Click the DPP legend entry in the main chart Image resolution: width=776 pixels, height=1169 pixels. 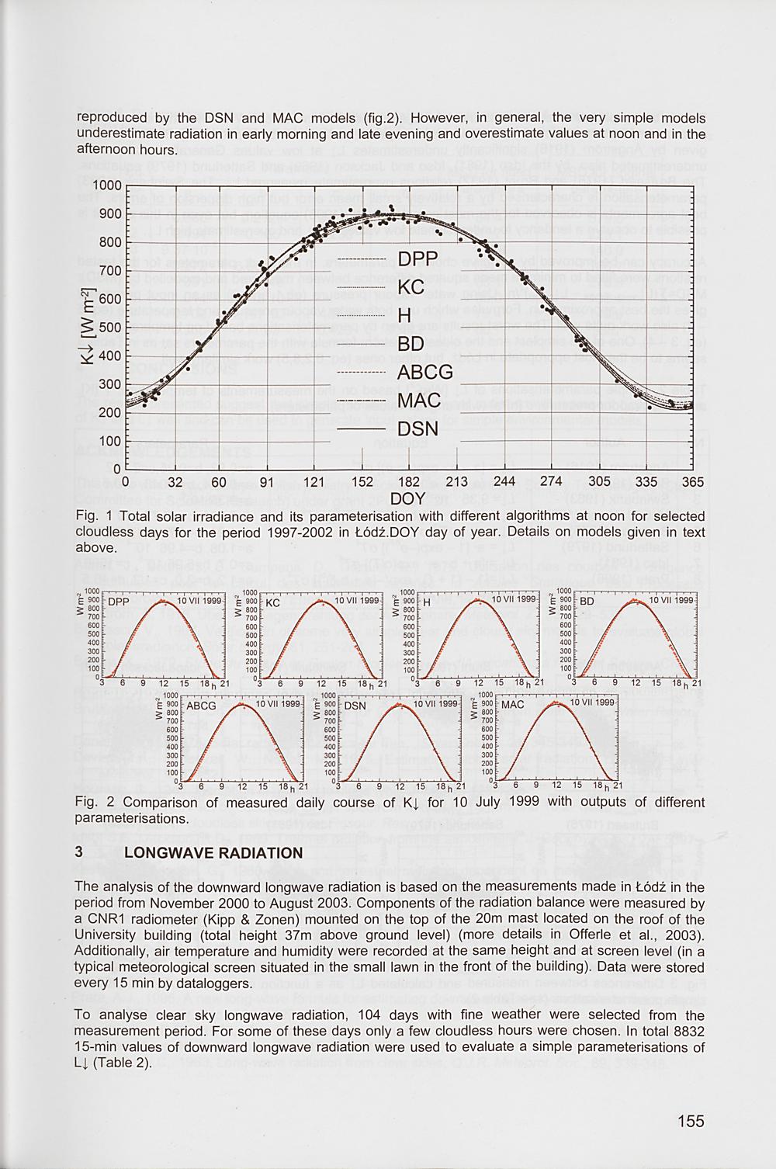coord(417,258)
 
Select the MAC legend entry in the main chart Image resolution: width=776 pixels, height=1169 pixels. coord(419,401)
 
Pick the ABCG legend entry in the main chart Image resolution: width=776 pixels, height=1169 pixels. coord(425,373)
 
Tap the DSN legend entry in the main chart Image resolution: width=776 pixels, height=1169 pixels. coord(418,429)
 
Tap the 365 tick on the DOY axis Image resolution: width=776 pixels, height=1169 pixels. coord(692,482)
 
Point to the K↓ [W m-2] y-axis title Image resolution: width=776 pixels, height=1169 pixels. coord(88,328)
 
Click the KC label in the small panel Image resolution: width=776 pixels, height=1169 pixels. coord(272,602)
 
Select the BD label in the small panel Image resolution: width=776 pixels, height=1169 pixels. coord(587,602)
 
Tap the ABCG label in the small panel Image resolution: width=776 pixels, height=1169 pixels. coord(201,706)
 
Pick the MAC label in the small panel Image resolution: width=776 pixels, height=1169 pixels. coord(513,705)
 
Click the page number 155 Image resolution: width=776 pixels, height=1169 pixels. coord(690,1121)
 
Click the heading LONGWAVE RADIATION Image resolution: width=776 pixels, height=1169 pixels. coord(213,853)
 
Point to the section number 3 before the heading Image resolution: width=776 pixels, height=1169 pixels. coord(79,852)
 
